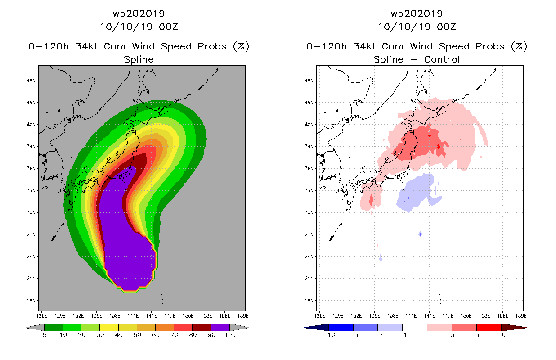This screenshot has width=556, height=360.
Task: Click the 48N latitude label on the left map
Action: (x=31, y=81)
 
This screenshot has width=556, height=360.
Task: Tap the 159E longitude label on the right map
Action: (x=521, y=316)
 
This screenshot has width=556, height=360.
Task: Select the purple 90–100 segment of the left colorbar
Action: (x=220, y=327)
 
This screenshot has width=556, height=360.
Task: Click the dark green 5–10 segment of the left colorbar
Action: (x=54, y=327)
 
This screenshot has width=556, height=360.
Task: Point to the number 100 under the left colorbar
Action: (x=230, y=335)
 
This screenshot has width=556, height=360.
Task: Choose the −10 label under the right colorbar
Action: (x=329, y=335)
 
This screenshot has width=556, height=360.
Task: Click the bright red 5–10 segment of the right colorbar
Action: (x=489, y=327)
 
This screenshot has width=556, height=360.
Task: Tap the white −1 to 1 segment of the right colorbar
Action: (x=414, y=327)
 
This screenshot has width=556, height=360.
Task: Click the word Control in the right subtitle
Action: (x=442, y=59)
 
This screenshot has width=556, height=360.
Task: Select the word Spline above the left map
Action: (x=139, y=60)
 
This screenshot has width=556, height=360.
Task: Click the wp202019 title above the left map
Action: (x=139, y=13)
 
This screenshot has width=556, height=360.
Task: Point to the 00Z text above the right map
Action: (x=446, y=27)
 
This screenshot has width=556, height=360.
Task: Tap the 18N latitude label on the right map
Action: (x=309, y=301)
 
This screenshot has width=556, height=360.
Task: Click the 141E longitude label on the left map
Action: (x=133, y=316)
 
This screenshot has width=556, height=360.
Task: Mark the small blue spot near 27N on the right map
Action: (x=420, y=234)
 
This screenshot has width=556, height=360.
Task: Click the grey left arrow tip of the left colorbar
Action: (x=27, y=328)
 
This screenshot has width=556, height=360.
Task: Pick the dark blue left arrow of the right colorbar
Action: (x=316, y=328)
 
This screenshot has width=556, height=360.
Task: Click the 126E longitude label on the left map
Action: (x=41, y=316)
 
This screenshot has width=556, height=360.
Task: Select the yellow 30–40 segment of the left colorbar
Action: (x=109, y=327)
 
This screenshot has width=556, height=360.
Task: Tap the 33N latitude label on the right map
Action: (x=309, y=191)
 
